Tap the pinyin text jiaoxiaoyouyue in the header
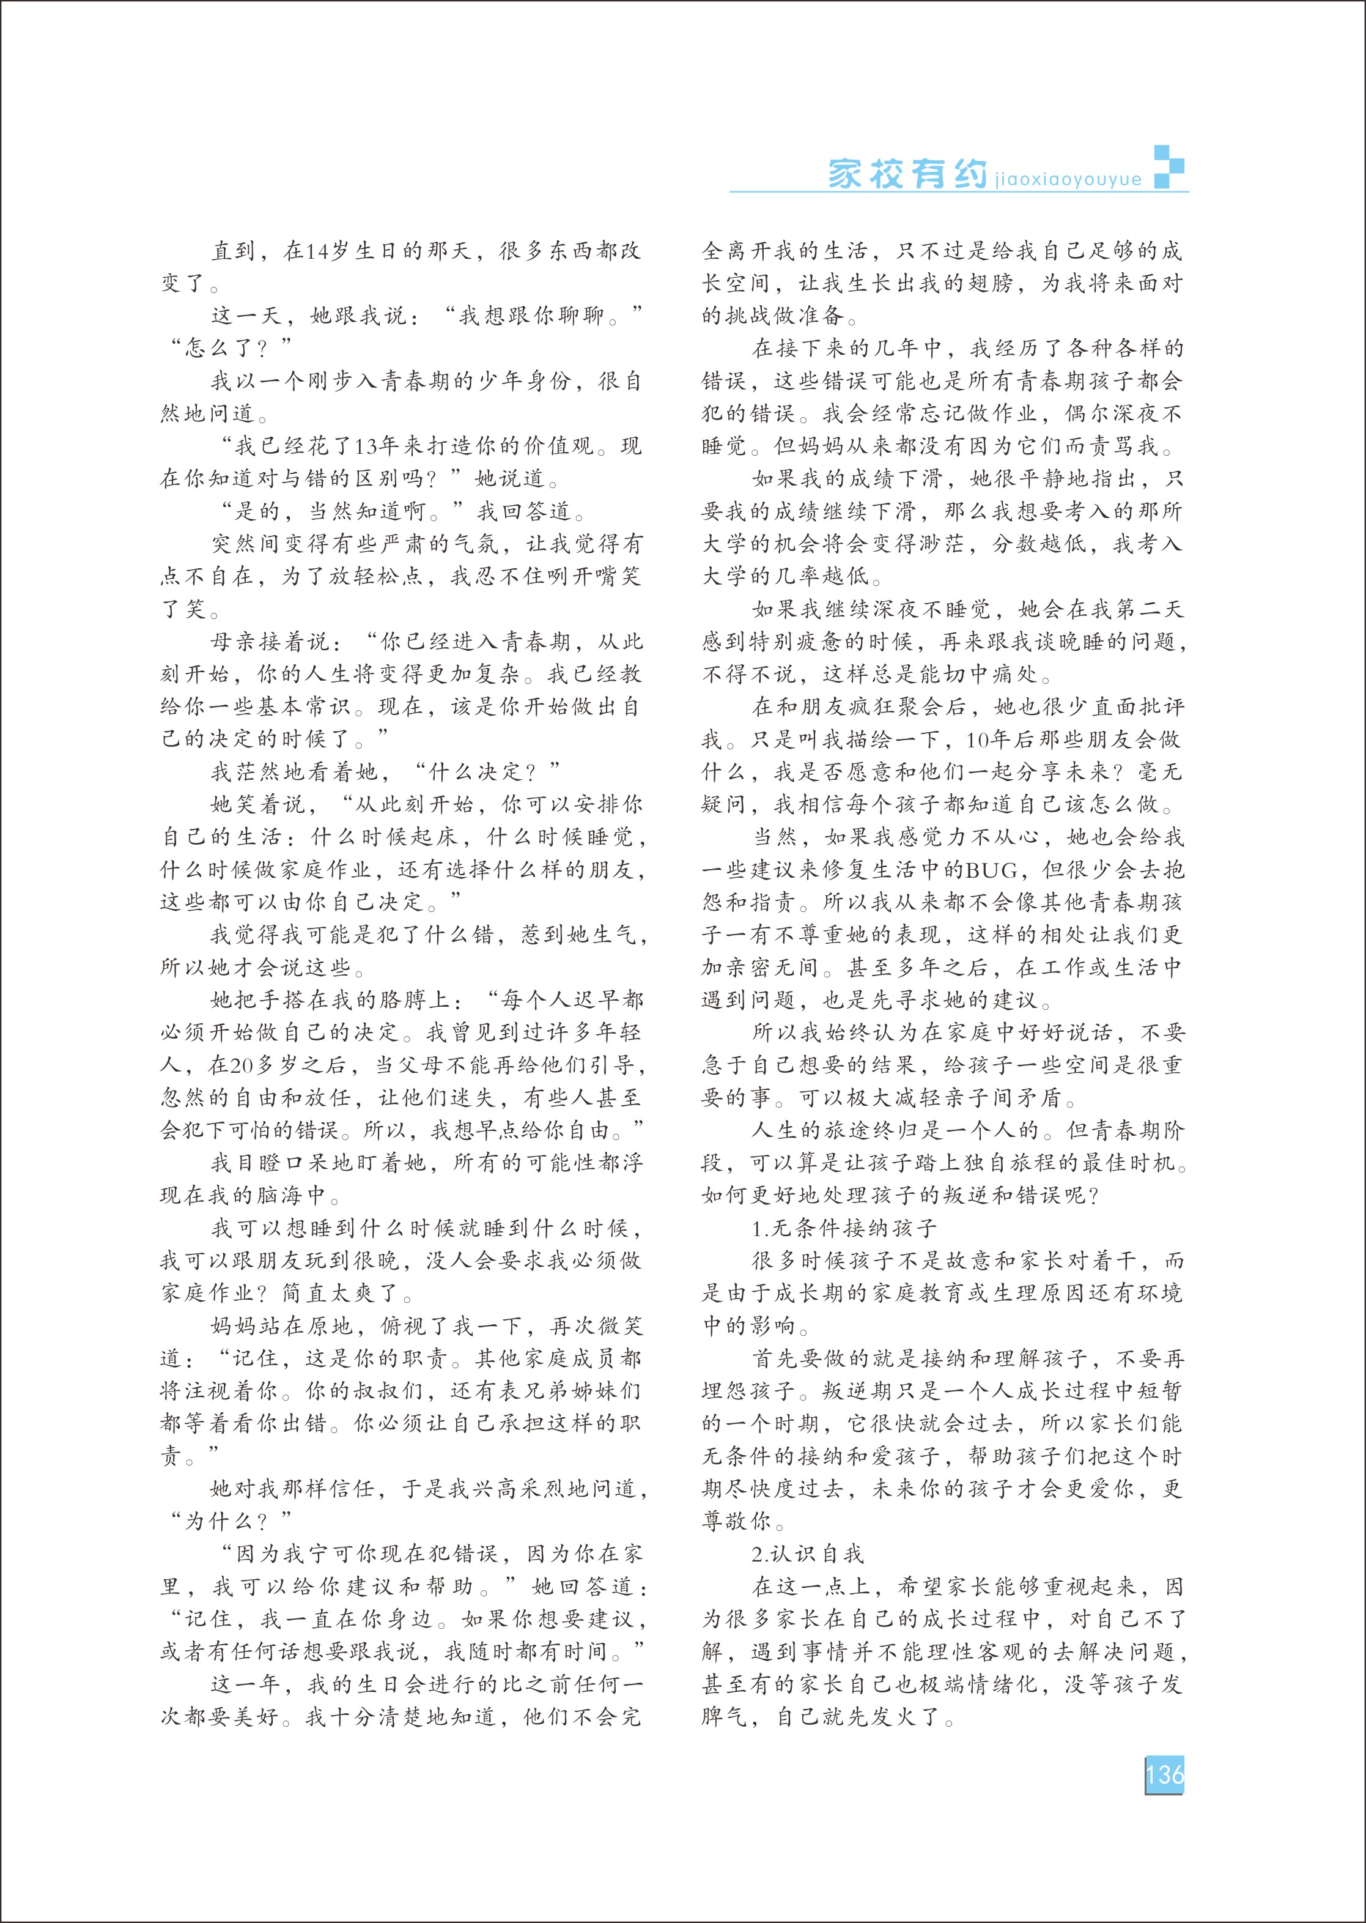[x=1068, y=179]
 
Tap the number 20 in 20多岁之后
[x=242, y=1065]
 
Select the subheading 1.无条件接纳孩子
[x=844, y=1228]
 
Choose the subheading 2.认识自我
[x=807, y=1554]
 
